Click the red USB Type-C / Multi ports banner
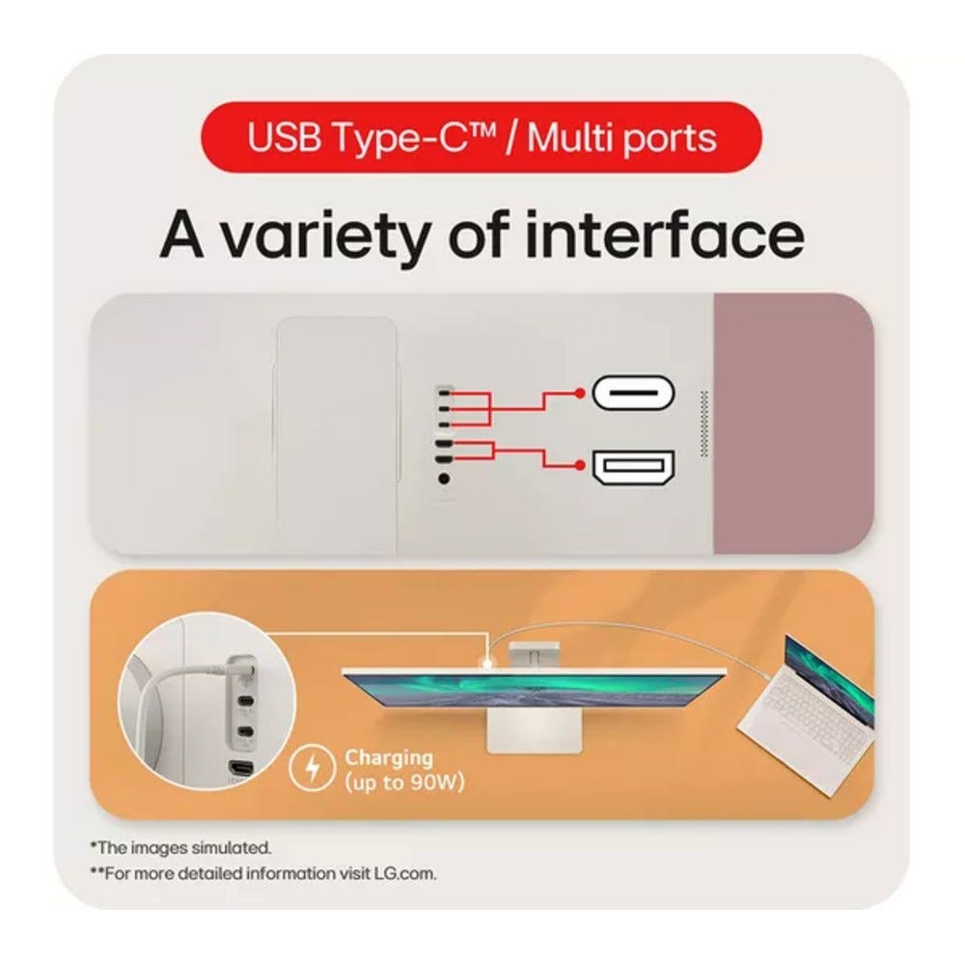click(x=482, y=137)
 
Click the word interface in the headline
click(x=665, y=234)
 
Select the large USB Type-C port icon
click(x=633, y=394)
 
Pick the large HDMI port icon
click(x=633, y=468)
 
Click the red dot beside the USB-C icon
click(x=578, y=393)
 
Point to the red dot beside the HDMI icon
click(x=578, y=465)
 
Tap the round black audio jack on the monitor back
click(x=444, y=479)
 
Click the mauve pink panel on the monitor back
click(x=793, y=424)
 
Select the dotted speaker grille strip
click(x=704, y=424)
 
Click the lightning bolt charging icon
click(x=313, y=768)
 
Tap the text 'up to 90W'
click(x=405, y=783)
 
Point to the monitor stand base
click(x=535, y=732)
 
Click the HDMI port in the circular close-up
click(x=241, y=769)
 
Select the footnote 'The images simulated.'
click(x=181, y=847)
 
